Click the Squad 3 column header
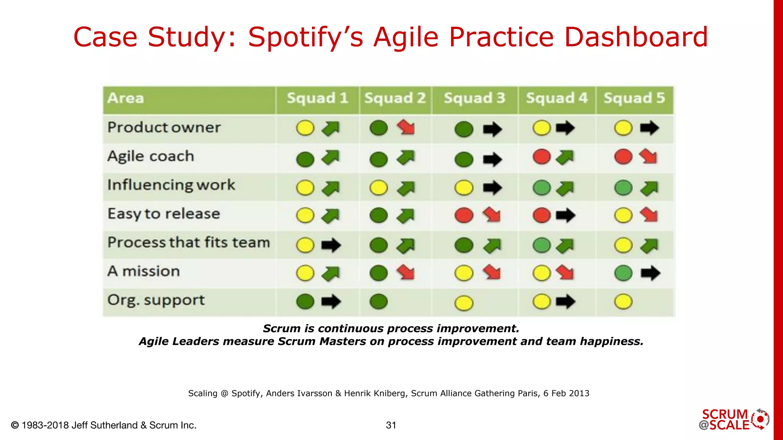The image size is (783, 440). (474, 99)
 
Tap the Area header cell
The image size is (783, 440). (125, 99)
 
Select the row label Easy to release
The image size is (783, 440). (164, 214)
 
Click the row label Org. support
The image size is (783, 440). (156, 300)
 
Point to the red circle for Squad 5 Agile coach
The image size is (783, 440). (623, 157)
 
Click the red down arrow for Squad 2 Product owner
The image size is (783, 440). (406, 127)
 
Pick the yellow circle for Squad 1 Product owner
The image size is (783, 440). (305, 128)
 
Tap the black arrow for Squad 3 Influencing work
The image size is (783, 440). (492, 188)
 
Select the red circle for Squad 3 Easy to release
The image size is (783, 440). (464, 215)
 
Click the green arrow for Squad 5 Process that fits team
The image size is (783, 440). (649, 246)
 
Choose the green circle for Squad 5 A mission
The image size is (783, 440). (623, 273)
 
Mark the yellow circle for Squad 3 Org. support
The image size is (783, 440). (464, 303)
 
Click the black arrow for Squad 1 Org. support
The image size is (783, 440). (331, 302)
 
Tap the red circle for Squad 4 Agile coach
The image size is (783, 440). (541, 157)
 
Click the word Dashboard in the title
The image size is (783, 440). (636, 37)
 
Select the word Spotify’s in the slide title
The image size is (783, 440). (305, 37)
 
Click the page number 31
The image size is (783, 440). (391, 425)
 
